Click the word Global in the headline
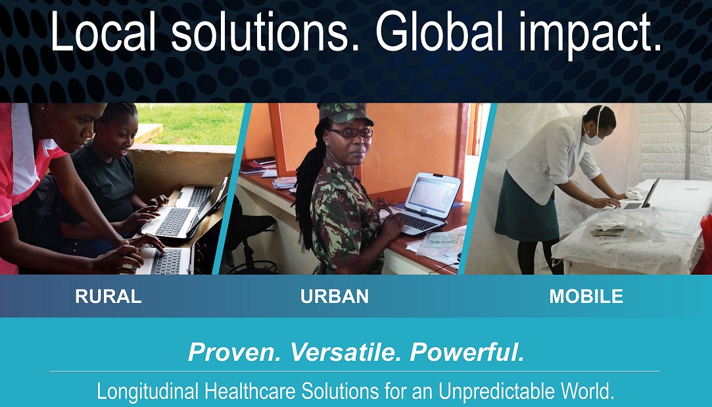click(x=439, y=32)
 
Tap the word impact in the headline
click(x=590, y=34)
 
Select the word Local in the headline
click(x=103, y=32)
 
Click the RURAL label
click(x=108, y=296)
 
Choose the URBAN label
click(x=334, y=296)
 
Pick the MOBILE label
click(x=586, y=296)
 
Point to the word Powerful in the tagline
click(x=467, y=352)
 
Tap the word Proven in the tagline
click(x=235, y=352)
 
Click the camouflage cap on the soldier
click(x=346, y=114)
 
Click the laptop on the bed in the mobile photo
click(x=640, y=196)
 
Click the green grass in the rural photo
click(x=193, y=123)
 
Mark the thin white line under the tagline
click(x=354, y=371)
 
